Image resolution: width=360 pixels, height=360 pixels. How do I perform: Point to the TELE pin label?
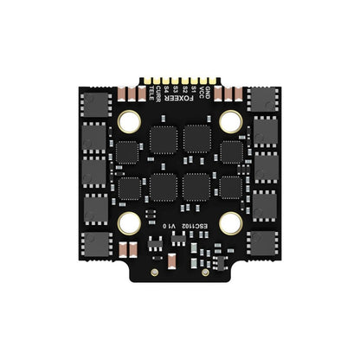click(x=151, y=93)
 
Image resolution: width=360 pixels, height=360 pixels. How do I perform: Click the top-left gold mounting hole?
click(x=131, y=121)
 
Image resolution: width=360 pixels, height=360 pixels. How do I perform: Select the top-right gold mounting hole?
click(x=229, y=121)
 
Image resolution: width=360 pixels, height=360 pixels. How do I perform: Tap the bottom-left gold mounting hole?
click(x=131, y=223)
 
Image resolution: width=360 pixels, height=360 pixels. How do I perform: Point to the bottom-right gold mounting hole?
click(x=229, y=223)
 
